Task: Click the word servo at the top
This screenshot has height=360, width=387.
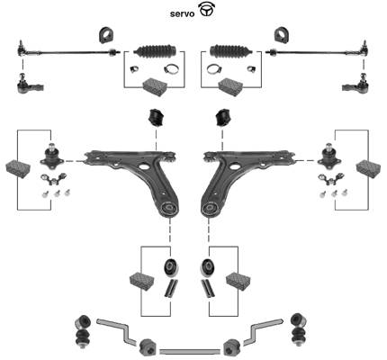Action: click(182, 13)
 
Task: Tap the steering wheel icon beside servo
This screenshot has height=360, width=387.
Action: click(207, 9)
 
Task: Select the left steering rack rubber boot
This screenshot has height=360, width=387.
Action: click(155, 50)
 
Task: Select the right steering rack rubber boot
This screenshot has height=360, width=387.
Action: click(232, 50)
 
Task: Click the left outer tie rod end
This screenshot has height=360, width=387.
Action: click(30, 84)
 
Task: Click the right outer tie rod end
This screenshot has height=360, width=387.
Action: click(355, 84)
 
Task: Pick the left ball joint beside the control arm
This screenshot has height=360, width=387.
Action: click(51, 156)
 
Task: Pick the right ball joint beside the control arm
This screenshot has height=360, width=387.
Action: click(329, 156)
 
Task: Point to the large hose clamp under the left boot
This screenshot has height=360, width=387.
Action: click(171, 69)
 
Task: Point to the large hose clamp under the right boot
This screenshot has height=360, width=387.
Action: click(214, 69)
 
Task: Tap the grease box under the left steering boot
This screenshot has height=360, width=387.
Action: click(155, 86)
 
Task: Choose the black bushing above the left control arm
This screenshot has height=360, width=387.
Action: click(156, 117)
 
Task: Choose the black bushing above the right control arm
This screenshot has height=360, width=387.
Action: click(223, 117)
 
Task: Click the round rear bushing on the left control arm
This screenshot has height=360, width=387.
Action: click(169, 209)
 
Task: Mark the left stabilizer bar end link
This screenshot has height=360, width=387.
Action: click(82, 330)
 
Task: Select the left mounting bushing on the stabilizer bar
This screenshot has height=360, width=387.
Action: click(148, 347)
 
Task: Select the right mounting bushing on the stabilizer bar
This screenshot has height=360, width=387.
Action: click(232, 347)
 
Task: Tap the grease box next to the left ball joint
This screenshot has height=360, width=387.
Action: click(18, 169)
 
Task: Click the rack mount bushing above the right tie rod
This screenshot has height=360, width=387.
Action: click(282, 35)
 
